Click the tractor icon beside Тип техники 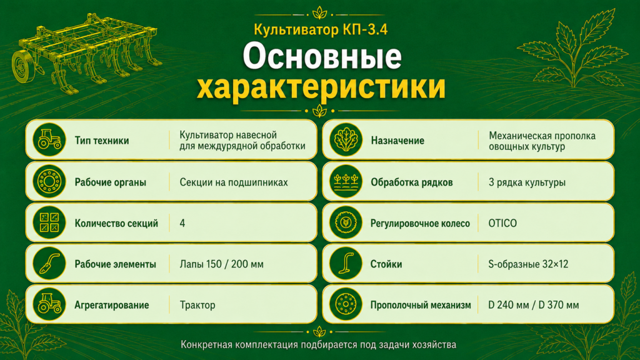click(x=49, y=140)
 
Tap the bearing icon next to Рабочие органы click(x=49, y=182)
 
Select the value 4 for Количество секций click(x=182, y=223)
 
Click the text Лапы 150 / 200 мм click(x=222, y=264)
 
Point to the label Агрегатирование click(x=111, y=305)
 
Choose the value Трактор click(x=197, y=305)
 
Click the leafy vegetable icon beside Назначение click(x=346, y=141)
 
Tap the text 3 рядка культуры click(x=527, y=182)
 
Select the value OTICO click(x=502, y=223)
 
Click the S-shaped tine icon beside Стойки click(x=346, y=264)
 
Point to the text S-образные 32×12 click(x=528, y=264)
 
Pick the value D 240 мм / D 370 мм click(x=534, y=305)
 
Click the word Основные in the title click(x=322, y=56)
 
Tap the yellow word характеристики click(x=321, y=87)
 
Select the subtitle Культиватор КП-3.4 click(x=321, y=30)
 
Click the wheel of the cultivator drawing click(x=22, y=66)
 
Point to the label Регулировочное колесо click(x=420, y=224)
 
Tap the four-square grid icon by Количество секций click(x=49, y=222)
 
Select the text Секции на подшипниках click(x=234, y=182)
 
